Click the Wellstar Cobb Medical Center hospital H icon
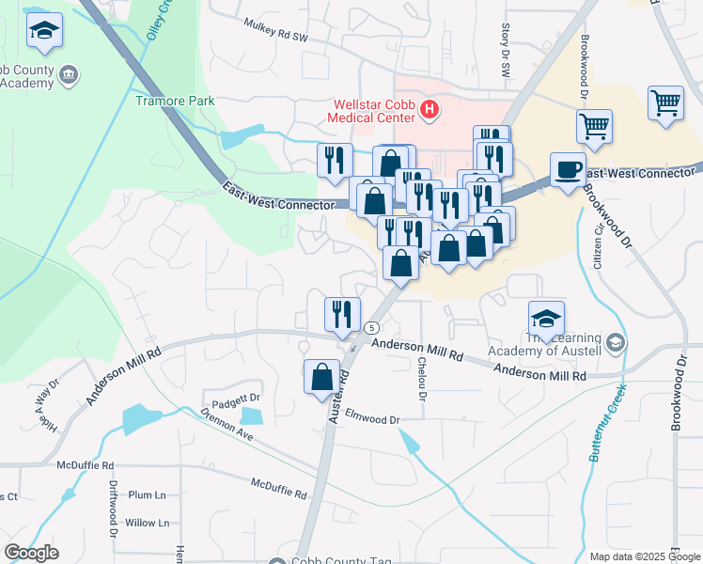click(430, 110)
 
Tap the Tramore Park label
click(175, 101)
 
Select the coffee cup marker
click(567, 169)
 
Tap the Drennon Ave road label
click(227, 424)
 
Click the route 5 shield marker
click(373, 327)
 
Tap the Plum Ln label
click(147, 494)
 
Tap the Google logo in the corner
click(31, 552)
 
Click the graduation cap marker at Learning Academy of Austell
click(546, 318)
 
